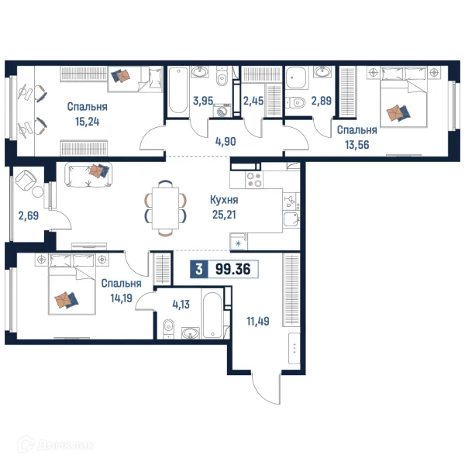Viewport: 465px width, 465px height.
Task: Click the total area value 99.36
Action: click(x=232, y=269)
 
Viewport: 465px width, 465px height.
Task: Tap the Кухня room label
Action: click(x=224, y=200)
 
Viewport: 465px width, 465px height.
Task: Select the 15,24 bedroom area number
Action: click(x=87, y=122)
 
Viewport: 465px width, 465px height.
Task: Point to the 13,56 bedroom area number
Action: click(x=357, y=145)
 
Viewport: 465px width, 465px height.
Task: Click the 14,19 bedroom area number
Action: click(x=122, y=298)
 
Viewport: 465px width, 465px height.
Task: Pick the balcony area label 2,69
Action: click(x=29, y=215)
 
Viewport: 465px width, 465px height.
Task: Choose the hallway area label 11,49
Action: click(x=258, y=321)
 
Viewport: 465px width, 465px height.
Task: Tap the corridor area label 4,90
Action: click(x=226, y=142)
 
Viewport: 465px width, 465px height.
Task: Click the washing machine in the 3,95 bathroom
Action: click(x=222, y=111)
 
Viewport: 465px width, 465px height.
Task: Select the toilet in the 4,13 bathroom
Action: click(x=168, y=329)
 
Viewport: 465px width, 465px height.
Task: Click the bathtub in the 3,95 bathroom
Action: click(x=177, y=91)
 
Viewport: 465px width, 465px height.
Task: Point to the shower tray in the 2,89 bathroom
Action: click(x=295, y=77)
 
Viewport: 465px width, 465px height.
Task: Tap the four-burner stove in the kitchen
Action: click(x=254, y=180)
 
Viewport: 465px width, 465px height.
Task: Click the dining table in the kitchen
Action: click(x=166, y=208)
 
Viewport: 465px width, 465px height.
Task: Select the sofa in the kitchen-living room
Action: click(x=88, y=174)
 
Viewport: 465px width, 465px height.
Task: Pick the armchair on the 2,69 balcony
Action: click(x=26, y=181)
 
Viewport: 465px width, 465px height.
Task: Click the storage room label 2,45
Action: click(x=253, y=101)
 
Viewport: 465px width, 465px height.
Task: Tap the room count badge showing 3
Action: click(x=199, y=269)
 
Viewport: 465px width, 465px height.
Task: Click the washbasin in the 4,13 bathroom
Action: click(x=191, y=333)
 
